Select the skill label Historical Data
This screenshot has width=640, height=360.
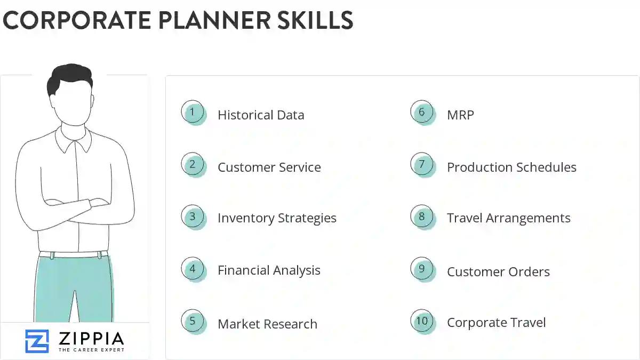(x=261, y=115)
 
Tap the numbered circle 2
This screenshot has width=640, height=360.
(x=193, y=165)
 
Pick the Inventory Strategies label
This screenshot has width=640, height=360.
(x=277, y=218)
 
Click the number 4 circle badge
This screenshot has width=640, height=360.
(x=193, y=269)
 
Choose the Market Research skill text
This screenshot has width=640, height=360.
(x=267, y=324)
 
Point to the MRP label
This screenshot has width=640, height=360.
(x=460, y=115)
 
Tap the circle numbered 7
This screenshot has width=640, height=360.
(x=422, y=165)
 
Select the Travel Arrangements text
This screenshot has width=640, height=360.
(x=508, y=218)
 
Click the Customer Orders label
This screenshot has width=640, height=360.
(x=498, y=271)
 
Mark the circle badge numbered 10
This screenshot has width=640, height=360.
(x=422, y=321)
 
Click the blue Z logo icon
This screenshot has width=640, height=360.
(x=37, y=341)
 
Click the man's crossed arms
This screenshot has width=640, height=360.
(x=75, y=205)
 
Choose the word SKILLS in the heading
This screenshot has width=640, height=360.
(x=315, y=20)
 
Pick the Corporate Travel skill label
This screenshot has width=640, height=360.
(x=496, y=323)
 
